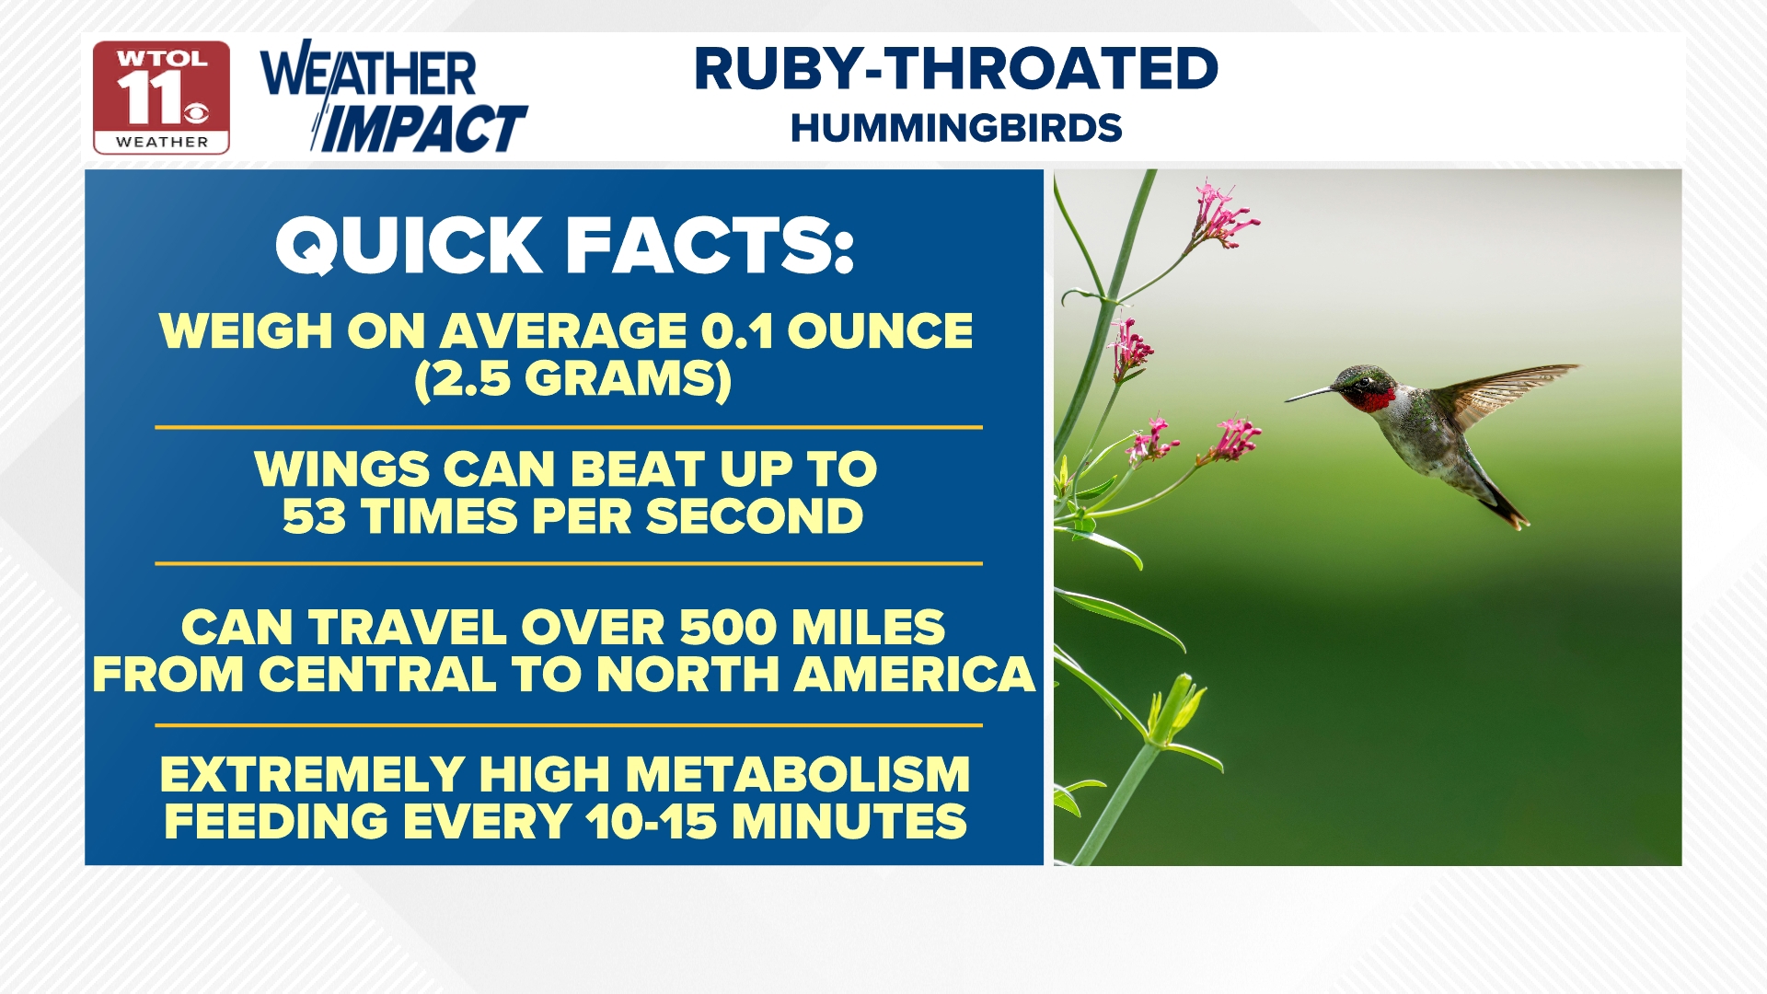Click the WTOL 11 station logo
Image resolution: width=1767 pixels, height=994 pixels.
click(x=161, y=97)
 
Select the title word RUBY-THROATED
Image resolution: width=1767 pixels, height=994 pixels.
click(x=956, y=69)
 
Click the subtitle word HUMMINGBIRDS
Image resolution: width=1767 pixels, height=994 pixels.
click(x=956, y=128)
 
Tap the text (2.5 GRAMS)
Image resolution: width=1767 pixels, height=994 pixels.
click(x=572, y=378)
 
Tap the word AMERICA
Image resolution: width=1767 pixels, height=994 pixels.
click(x=915, y=675)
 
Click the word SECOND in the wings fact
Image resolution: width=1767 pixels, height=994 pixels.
click(x=755, y=516)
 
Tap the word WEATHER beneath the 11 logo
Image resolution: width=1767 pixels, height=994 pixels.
click(x=162, y=142)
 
